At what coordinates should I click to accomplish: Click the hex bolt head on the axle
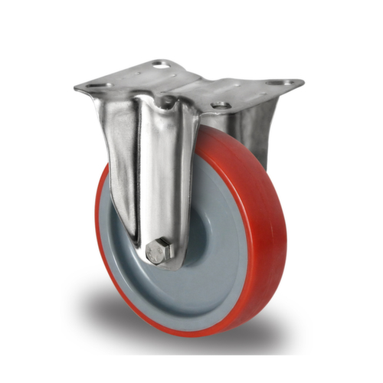click(x=159, y=251)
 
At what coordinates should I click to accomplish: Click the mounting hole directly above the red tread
click(x=221, y=105)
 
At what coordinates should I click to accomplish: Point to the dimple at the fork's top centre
click(x=166, y=100)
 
